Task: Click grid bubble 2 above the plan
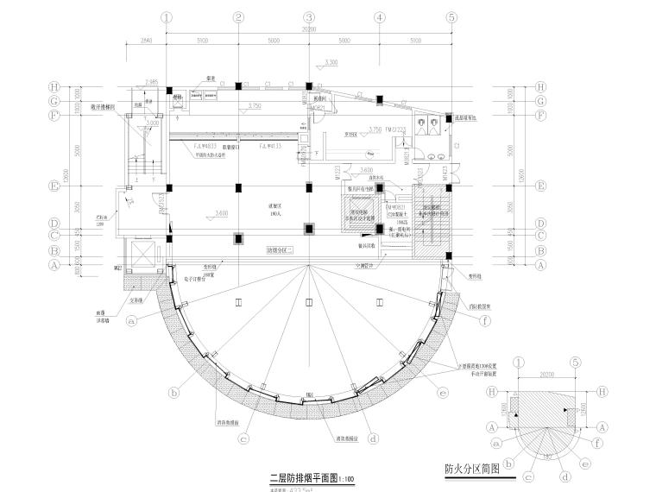point(237,16)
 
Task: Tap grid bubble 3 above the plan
point(308,16)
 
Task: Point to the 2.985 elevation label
point(154,82)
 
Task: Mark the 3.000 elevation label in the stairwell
point(153,123)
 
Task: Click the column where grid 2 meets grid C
point(237,236)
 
